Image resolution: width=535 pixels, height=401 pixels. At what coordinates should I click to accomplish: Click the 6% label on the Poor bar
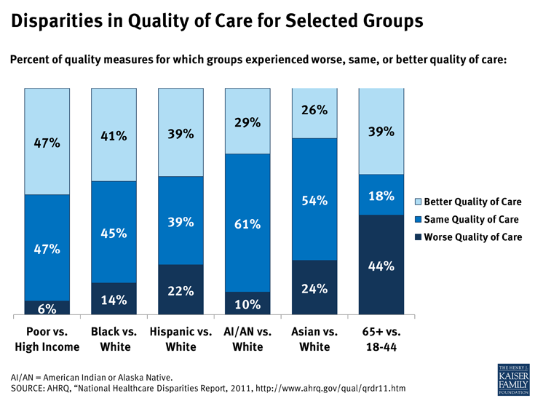(x=47, y=309)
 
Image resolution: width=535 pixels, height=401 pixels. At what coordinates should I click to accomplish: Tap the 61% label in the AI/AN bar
(x=247, y=223)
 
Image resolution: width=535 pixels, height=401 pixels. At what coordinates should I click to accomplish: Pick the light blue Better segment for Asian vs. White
(x=314, y=113)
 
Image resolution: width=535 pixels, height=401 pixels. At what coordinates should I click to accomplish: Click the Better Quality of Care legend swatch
(x=418, y=201)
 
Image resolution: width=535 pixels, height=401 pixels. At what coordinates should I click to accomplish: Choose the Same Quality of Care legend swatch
(x=418, y=219)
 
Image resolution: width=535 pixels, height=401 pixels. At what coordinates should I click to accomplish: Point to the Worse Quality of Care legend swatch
(x=418, y=237)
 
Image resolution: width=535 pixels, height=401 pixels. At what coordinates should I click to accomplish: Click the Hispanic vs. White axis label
(x=181, y=339)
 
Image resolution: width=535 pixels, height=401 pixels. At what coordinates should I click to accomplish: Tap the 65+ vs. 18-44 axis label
(x=381, y=339)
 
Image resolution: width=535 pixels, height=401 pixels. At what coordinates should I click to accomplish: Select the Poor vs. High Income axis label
(x=47, y=339)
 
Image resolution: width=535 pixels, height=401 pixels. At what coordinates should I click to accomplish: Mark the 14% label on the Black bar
(x=114, y=299)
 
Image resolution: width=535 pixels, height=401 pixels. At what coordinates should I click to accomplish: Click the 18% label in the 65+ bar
(x=381, y=196)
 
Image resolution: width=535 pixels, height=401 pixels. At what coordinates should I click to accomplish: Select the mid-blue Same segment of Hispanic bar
(x=181, y=221)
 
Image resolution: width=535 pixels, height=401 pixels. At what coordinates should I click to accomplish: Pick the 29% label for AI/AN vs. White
(x=247, y=122)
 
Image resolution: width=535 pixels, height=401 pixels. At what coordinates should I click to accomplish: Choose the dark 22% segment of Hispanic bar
(x=181, y=290)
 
